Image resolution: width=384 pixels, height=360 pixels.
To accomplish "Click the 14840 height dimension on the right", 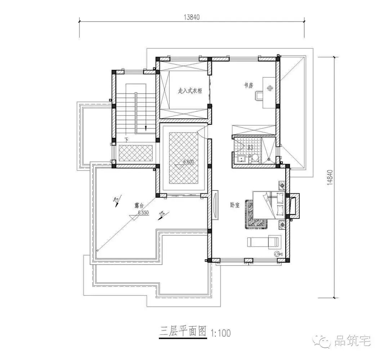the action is pyautogui.click(x=330, y=177).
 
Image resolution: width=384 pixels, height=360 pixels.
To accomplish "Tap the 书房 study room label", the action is pyautogui.click(x=249, y=85).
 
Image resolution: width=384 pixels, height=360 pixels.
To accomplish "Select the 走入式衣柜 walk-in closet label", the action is pyautogui.click(x=190, y=91).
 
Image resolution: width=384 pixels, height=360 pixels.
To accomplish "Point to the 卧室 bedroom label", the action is pyautogui.click(x=235, y=205).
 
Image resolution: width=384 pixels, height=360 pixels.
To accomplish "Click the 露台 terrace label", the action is pyautogui.click(x=139, y=206).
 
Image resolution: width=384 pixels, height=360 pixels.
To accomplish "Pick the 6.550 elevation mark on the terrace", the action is pyautogui.click(x=143, y=213).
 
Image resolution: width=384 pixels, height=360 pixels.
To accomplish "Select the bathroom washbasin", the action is pyautogui.click(x=241, y=158).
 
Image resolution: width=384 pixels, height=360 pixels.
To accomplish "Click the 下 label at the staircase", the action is pyautogui.click(x=126, y=139).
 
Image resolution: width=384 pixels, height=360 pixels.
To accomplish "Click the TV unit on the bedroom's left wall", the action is pyautogui.click(x=215, y=204).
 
